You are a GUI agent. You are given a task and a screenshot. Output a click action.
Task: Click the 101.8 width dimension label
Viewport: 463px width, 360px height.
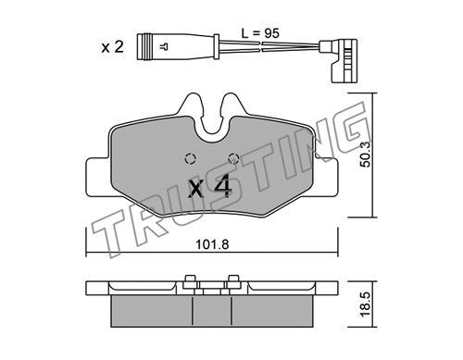pos(212,244)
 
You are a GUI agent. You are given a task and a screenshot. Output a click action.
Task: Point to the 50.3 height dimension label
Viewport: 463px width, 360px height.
pos(366,155)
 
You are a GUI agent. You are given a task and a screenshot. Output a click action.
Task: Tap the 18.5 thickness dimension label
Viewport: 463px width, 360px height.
pos(366,304)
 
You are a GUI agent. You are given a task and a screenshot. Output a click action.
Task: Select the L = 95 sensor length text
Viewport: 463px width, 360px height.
pos(260,33)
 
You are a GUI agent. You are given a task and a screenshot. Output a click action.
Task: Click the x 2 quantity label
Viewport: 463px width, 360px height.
pos(113,47)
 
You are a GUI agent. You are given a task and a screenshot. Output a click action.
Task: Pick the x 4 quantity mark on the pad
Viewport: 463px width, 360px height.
pos(210,186)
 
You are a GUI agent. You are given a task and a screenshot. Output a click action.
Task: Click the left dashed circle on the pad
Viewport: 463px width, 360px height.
pos(190,158)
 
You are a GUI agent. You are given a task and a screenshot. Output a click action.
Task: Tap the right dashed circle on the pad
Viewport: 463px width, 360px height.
pos(233,158)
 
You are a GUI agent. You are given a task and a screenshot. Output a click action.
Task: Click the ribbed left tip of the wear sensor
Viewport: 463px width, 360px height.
pos(145,46)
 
